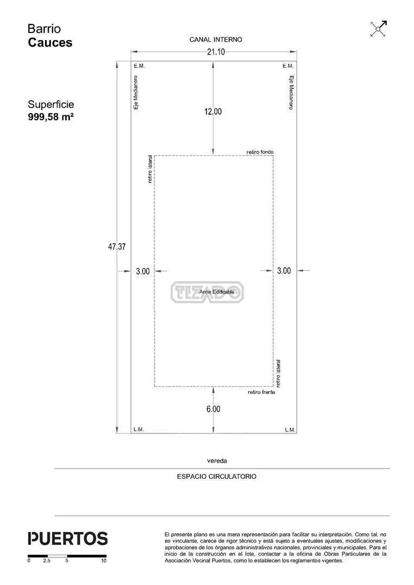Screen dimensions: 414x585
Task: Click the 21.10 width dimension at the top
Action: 216,52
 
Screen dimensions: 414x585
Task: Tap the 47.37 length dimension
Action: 117,246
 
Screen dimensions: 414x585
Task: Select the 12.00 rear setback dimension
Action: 213,112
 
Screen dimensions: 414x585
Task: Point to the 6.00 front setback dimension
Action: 214,409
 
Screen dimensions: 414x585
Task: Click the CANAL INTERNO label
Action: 216,40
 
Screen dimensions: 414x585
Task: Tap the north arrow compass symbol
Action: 379,29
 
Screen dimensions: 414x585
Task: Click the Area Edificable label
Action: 217,292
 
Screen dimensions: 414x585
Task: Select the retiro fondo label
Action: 260,152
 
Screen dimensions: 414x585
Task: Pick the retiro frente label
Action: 261,392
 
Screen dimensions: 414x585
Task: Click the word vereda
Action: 217,461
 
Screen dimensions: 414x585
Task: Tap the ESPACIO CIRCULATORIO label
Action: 217,477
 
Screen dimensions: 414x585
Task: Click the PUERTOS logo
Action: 68,539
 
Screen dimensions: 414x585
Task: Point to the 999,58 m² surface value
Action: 51,117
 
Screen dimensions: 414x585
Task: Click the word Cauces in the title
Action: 50,43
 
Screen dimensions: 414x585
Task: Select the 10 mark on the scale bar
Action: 104,561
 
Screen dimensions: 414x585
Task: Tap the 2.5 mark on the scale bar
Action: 47,561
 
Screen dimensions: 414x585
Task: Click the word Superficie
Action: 51,105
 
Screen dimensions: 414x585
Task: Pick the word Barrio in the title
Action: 44,29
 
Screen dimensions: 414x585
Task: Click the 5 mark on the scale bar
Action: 67,561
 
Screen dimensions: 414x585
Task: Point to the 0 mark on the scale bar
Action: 29,561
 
